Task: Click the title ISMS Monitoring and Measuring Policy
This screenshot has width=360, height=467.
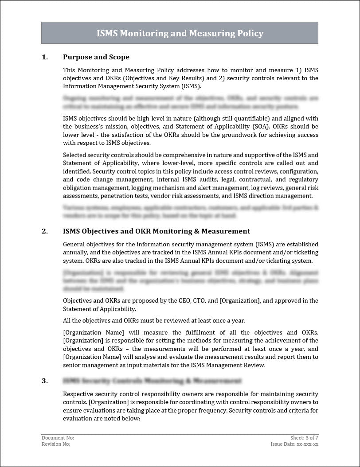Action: pyautogui.click(x=180, y=33)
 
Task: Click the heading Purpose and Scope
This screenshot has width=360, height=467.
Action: pyautogui.click(x=96, y=57)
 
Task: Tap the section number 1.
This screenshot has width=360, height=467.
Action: pyautogui.click(x=44, y=57)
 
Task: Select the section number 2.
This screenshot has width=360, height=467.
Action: pyautogui.click(x=44, y=231)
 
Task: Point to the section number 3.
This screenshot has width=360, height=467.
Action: pyautogui.click(x=44, y=381)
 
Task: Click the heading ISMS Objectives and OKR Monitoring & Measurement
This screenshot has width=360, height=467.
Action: pyautogui.click(x=157, y=231)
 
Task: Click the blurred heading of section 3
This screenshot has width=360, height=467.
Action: pyautogui.click(x=152, y=381)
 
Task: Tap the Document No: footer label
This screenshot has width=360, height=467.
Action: pyautogui.click(x=55, y=437)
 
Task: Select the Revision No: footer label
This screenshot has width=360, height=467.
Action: pyautogui.click(x=56, y=444)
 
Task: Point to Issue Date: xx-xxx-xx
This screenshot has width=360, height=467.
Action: pyautogui.click(x=294, y=444)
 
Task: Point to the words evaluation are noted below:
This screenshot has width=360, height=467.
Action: pyautogui.click(x=102, y=418)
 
